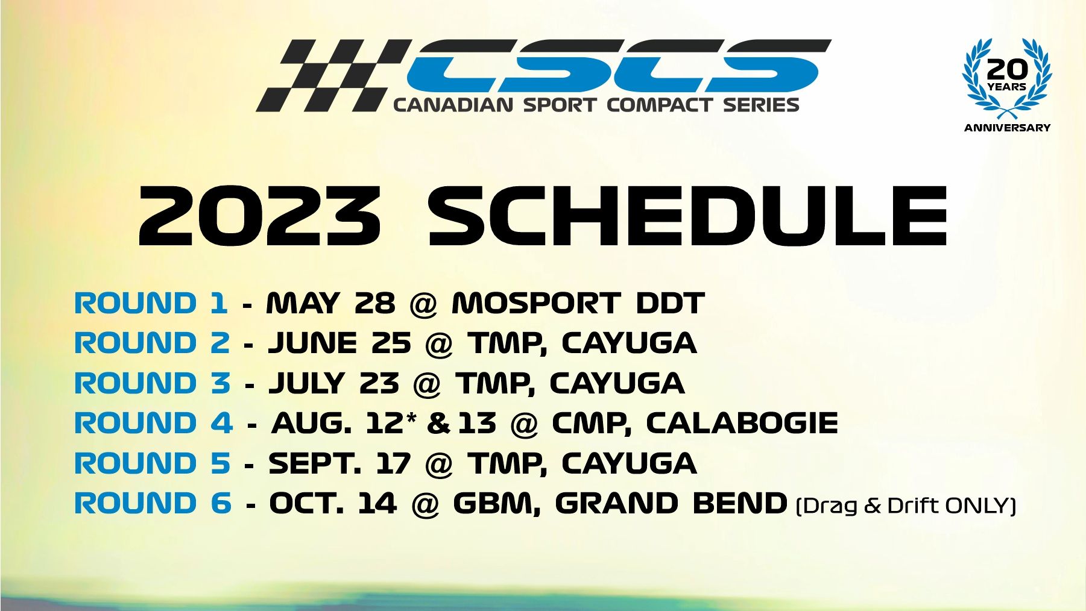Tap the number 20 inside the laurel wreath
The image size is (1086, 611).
pyautogui.click(x=1006, y=69)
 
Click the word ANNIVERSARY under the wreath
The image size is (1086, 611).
pyautogui.click(x=1007, y=128)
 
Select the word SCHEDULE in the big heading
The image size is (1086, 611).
pyautogui.click(x=687, y=216)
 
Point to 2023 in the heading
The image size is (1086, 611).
pyautogui.click(x=260, y=216)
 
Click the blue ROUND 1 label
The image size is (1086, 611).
pyautogui.click(x=151, y=303)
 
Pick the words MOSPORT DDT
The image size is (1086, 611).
pyautogui.click(x=578, y=303)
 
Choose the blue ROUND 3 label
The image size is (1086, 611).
pyautogui.click(x=152, y=383)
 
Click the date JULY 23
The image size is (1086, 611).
pyautogui.click(x=334, y=383)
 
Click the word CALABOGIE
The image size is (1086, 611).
pyautogui.click(x=742, y=423)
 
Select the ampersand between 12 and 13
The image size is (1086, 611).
pyautogui.click(x=438, y=424)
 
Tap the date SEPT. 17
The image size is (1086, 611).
pyautogui.click(x=339, y=463)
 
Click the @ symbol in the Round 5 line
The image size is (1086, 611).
pyautogui.click(x=439, y=465)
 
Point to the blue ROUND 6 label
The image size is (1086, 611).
pyautogui.click(x=153, y=503)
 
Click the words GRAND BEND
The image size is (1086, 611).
pyautogui.click(x=671, y=503)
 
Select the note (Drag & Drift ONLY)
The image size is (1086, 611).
pyautogui.click(x=906, y=505)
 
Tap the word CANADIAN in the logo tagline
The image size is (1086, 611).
pyautogui.click(x=453, y=105)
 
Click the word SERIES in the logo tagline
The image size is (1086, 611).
pyautogui.click(x=761, y=105)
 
